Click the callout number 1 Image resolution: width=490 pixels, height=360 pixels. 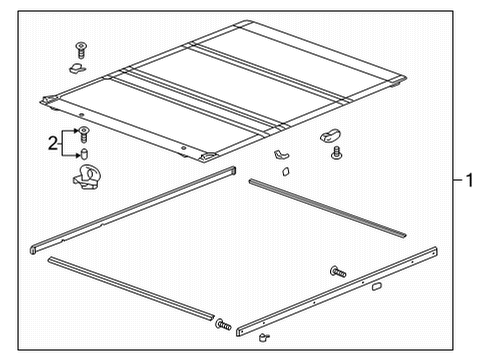pos(469,181)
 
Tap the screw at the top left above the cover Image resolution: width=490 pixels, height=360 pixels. pos(80,49)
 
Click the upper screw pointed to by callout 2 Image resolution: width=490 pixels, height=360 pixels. pos(84,132)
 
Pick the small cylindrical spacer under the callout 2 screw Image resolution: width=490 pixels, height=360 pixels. pos(84,153)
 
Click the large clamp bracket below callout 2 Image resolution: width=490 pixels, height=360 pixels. pos(87,180)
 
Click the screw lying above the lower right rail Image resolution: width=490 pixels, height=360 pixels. pos(337,270)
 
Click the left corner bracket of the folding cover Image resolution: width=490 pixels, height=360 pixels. pos(48,100)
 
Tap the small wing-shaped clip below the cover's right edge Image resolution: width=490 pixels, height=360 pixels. pos(280,156)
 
